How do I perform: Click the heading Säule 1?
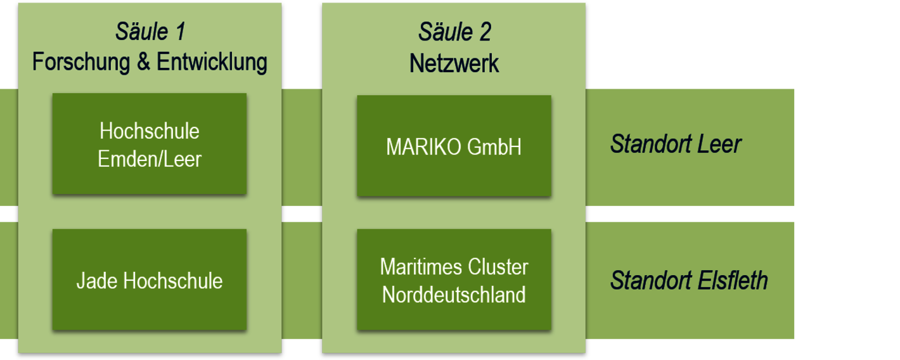[x=150, y=31]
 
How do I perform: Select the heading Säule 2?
[x=454, y=31]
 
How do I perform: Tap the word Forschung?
[x=81, y=62]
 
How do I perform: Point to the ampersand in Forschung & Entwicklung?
[x=143, y=61]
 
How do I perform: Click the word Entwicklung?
[x=212, y=62]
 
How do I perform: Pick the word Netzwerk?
[x=454, y=63]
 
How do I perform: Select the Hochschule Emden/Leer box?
[x=150, y=144]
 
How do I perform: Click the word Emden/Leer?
[x=150, y=158]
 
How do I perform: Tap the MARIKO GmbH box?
[x=454, y=146]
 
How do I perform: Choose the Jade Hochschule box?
[x=150, y=280]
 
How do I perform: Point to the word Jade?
[x=97, y=280]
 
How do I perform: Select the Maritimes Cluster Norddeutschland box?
[x=454, y=280]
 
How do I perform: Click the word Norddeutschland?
[x=454, y=295]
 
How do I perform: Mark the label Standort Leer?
[x=676, y=144]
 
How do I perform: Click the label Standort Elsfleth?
[x=689, y=280]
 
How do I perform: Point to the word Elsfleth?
[x=733, y=280]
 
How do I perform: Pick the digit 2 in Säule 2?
[x=485, y=32]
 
